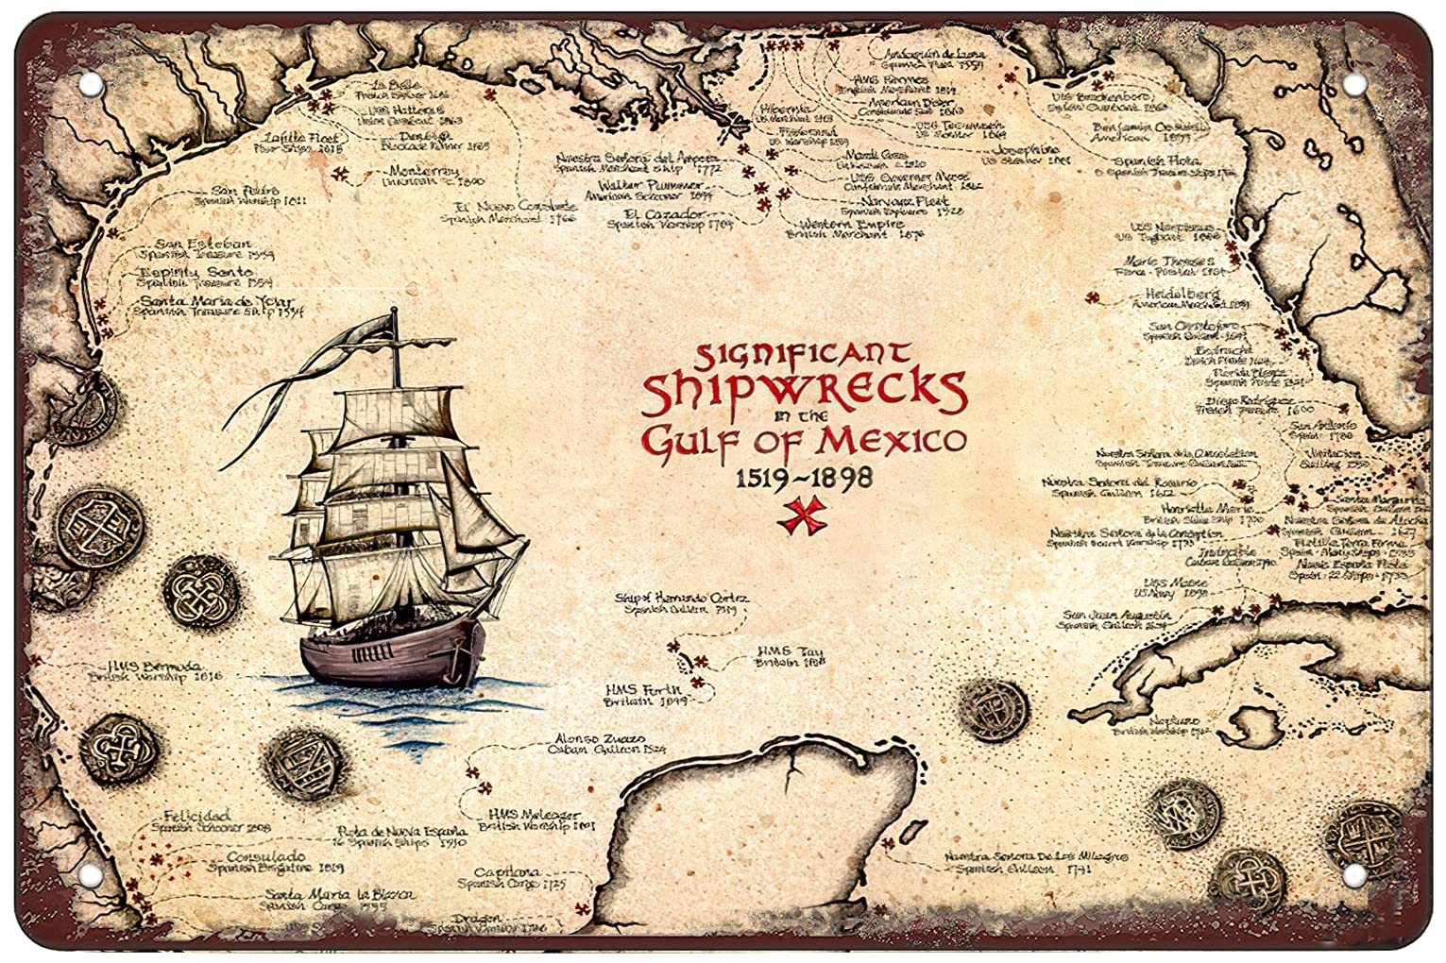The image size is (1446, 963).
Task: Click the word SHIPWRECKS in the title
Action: pyautogui.click(x=804, y=391)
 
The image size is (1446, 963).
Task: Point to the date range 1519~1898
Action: pyautogui.click(x=804, y=478)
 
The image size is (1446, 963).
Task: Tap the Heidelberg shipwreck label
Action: pyautogui.click(x=1182, y=295)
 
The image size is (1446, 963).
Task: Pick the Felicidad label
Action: pyautogui.click(x=196, y=816)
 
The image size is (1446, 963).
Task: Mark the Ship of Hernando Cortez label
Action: pyautogui.click(x=681, y=599)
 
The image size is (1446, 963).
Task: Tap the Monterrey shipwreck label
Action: pyautogui.click(x=424, y=172)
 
